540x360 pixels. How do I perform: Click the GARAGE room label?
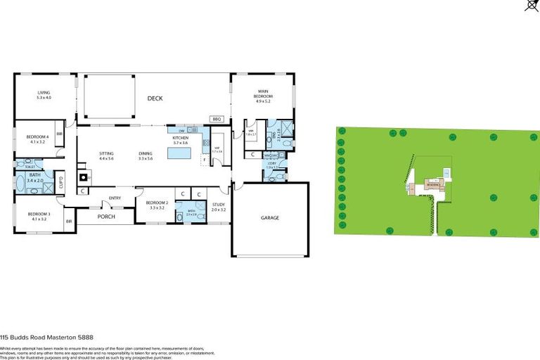pyautogui.click(x=271, y=218)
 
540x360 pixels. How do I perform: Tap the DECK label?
pyautogui.click(x=155, y=98)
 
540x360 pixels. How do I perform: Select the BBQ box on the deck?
pyautogui.click(x=217, y=120)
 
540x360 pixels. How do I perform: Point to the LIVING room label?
pyautogui.click(x=44, y=94)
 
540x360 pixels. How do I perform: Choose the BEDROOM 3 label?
pyautogui.click(x=39, y=216)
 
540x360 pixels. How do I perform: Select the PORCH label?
pyautogui.click(x=105, y=217)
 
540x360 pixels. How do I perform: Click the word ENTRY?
pyautogui.click(x=115, y=198)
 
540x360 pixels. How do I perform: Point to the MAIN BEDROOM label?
pyautogui.click(x=264, y=94)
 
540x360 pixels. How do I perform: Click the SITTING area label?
pyautogui.click(x=106, y=156)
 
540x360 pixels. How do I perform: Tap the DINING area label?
pyautogui.click(x=146, y=156)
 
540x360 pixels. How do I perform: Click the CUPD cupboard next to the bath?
pyautogui.click(x=60, y=183)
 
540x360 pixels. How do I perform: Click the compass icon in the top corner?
pyautogui.click(x=532, y=6)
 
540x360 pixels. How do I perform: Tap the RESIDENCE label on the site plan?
pyautogui.click(x=431, y=186)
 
